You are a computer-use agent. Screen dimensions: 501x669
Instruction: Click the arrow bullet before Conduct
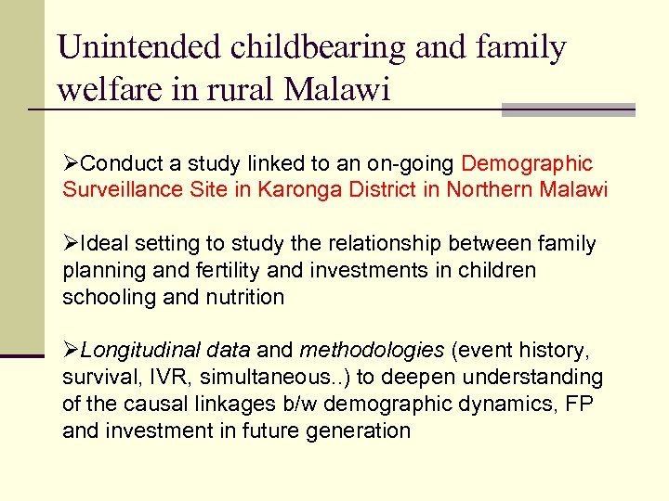[72, 164]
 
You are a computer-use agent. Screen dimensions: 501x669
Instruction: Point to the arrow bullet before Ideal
[72, 244]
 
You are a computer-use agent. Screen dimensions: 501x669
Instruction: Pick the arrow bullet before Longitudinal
[72, 351]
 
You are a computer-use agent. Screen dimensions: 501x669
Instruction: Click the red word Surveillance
[122, 190]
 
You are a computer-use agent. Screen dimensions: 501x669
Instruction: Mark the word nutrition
[245, 298]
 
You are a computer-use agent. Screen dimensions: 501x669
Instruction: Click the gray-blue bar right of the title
[568, 109]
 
